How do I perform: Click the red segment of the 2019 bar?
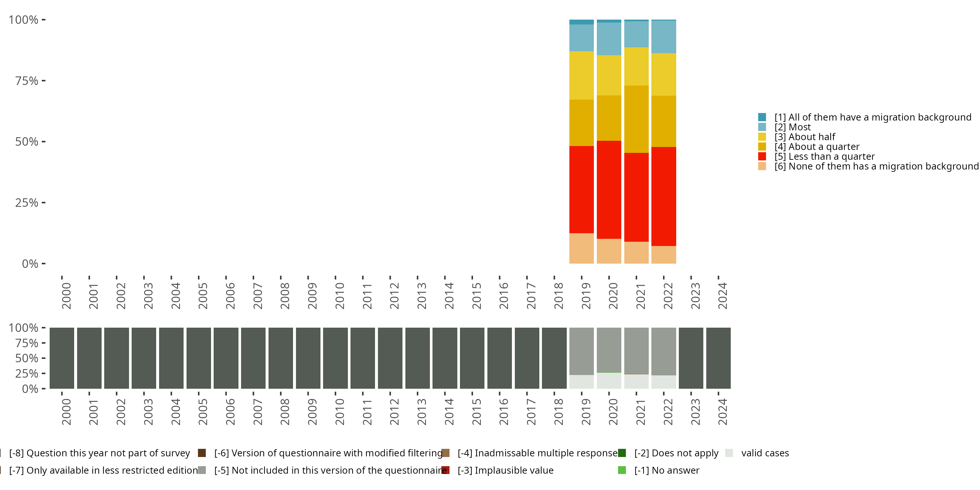(x=581, y=189)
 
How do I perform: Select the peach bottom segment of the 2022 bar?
(x=663, y=254)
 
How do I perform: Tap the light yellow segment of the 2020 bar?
(x=609, y=75)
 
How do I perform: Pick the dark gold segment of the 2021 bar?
(x=636, y=119)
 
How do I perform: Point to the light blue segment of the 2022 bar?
(x=663, y=37)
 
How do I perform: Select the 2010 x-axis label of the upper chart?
(x=340, y=296)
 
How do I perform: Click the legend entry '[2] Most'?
(x=792, y=127)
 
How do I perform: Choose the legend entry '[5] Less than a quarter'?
(x=825, y=156)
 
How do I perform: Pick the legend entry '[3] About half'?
(x=805, y=137)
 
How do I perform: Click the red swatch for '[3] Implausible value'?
(x=446, y=470)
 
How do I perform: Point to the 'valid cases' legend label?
(x=765, y=453)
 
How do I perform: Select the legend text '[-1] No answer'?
(x=666, y=470)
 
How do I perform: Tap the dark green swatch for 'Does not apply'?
(x=622, y=453)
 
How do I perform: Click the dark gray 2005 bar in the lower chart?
(x=199, y=358)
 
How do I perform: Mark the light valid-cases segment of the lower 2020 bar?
(x=609, y=381)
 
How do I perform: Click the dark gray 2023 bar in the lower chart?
(x=691, y=358)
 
